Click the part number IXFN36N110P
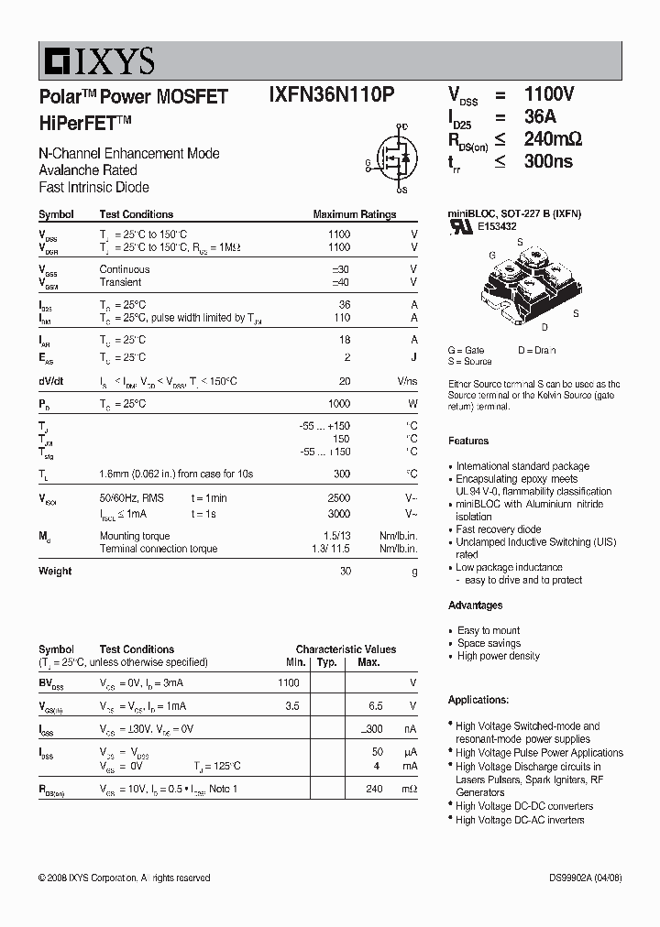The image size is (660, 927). [332, 96]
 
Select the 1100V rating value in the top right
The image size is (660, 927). [549, 95]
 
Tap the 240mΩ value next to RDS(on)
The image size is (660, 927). [553, 139]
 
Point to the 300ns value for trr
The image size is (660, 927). [548, 161]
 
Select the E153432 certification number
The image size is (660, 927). [496, 226]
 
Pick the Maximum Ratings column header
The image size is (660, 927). [354, 214]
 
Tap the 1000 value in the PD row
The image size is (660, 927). [338, 404]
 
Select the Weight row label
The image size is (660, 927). [55, 571]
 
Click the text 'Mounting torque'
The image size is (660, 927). [134, 536]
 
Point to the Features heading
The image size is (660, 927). [468, 441]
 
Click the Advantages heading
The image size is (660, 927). [475, 605]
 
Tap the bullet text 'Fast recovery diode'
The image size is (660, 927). [499, 529]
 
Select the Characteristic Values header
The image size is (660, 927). [346, 649]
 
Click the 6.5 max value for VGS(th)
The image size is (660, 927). [375, 706]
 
